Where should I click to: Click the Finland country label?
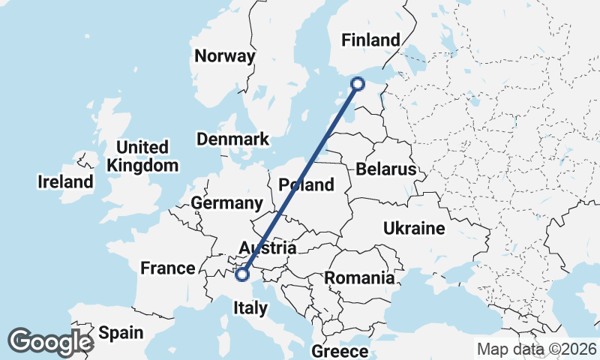point(370,40)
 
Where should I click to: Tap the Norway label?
point(224,56)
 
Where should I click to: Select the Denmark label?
point(232,139)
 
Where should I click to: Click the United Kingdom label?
point(142,156)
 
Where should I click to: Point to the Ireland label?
point(66,181)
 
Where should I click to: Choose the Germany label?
point(226,203)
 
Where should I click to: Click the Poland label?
point(306,184)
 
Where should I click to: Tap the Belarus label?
point(385,169)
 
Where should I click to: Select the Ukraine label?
point(414,228)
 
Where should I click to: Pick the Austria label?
point(267,248)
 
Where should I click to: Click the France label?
point(168,268)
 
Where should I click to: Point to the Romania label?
point(359,278)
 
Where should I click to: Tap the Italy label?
point(250,307)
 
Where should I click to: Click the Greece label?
point(340,351)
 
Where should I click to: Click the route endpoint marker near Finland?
point(358,84)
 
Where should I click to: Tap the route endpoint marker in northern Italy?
point(242,274)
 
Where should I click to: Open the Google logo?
point(50,342)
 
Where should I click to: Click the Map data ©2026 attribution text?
point(536,349)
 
